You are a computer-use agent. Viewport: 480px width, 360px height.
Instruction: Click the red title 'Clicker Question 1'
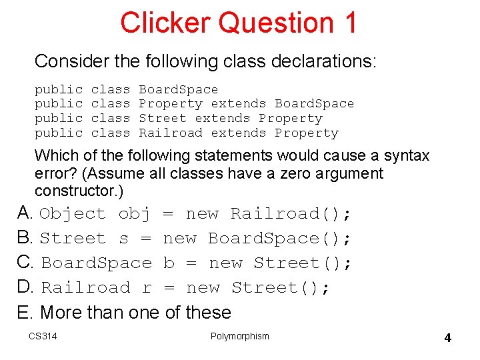tap(239, 23)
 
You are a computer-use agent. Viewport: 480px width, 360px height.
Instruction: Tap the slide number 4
tap(447, 338)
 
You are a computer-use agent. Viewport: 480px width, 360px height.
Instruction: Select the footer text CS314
tap(43, 336)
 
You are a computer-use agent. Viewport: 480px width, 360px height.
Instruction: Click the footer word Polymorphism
tap(239, 336)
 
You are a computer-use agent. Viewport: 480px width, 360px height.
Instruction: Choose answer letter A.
tap(24, 213)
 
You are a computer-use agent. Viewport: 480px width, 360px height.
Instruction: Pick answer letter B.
tap(24, 238)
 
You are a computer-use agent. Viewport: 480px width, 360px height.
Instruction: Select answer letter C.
tap(25, 263)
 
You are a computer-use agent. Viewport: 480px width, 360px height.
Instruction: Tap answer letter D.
tap(25, 287)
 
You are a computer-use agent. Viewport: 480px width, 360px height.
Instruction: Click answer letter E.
tap(24, 312)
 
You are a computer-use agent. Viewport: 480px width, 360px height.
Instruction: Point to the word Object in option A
tap(73, 214)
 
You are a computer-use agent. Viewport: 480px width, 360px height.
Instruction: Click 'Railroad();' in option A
tap(291, 214)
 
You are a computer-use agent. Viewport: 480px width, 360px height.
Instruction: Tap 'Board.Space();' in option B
tap(279, 239)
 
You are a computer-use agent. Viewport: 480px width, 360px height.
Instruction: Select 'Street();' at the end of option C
tap(302, 263)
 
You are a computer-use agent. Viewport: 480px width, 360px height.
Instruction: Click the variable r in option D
tap(147, 288)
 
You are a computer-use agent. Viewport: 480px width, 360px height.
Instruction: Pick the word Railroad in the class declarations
tap(170, 133)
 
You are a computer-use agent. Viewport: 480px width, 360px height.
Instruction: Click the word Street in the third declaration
tap(163, 118)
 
